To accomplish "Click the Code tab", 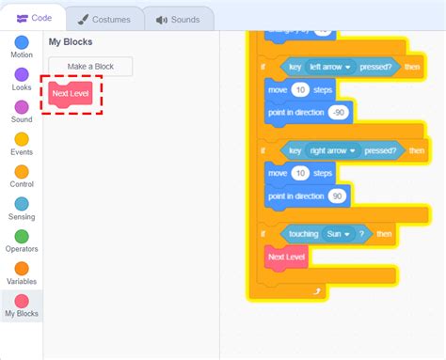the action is coord(34,19).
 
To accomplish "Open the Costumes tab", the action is coord(105,19).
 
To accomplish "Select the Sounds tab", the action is coord(178,19).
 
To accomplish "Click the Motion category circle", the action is coord(22,42).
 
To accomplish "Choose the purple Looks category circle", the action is coord(22,74).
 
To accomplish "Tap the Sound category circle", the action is coord(22,107).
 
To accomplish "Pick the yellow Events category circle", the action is coord(22,139).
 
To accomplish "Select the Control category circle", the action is coord(22,172).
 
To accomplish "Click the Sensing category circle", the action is coord(22,204).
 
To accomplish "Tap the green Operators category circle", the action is coord(22,237).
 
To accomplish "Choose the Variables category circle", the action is coord(22,269).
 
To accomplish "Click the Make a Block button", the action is coord(90,67).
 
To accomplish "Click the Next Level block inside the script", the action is coord(287,256).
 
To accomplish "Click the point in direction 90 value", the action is coord(336,196).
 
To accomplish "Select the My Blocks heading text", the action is coord(71,42).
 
